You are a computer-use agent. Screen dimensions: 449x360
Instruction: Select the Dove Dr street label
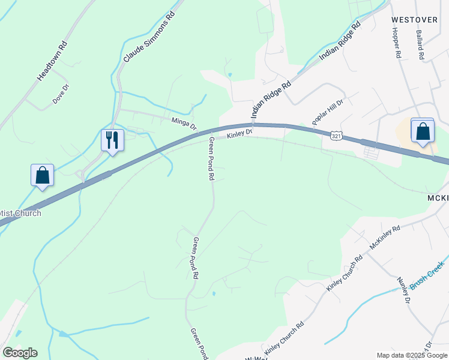point(62,94)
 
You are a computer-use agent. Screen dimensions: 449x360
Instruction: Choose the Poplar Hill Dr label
point(327,113)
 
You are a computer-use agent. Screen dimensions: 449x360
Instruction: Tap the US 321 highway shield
point(337,137)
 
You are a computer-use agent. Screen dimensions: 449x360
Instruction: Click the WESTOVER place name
point(414,20)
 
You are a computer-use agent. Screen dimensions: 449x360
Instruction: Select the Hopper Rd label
point(397,45)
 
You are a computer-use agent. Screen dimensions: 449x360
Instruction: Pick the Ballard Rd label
point(420,45)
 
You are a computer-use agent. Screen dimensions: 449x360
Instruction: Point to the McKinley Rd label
point(385,238)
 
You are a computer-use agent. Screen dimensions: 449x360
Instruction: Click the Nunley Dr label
point(403,290)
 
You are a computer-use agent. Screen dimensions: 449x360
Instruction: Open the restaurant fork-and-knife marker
point(112,140)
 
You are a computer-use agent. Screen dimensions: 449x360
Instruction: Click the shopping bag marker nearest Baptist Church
point(42,175)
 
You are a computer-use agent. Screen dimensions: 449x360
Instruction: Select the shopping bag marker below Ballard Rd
point(422,131)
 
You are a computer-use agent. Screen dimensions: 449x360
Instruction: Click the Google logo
point(20,353)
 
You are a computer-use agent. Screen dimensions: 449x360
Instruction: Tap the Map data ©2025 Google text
point(412,355)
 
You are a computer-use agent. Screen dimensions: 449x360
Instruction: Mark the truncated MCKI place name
point(438,199)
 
